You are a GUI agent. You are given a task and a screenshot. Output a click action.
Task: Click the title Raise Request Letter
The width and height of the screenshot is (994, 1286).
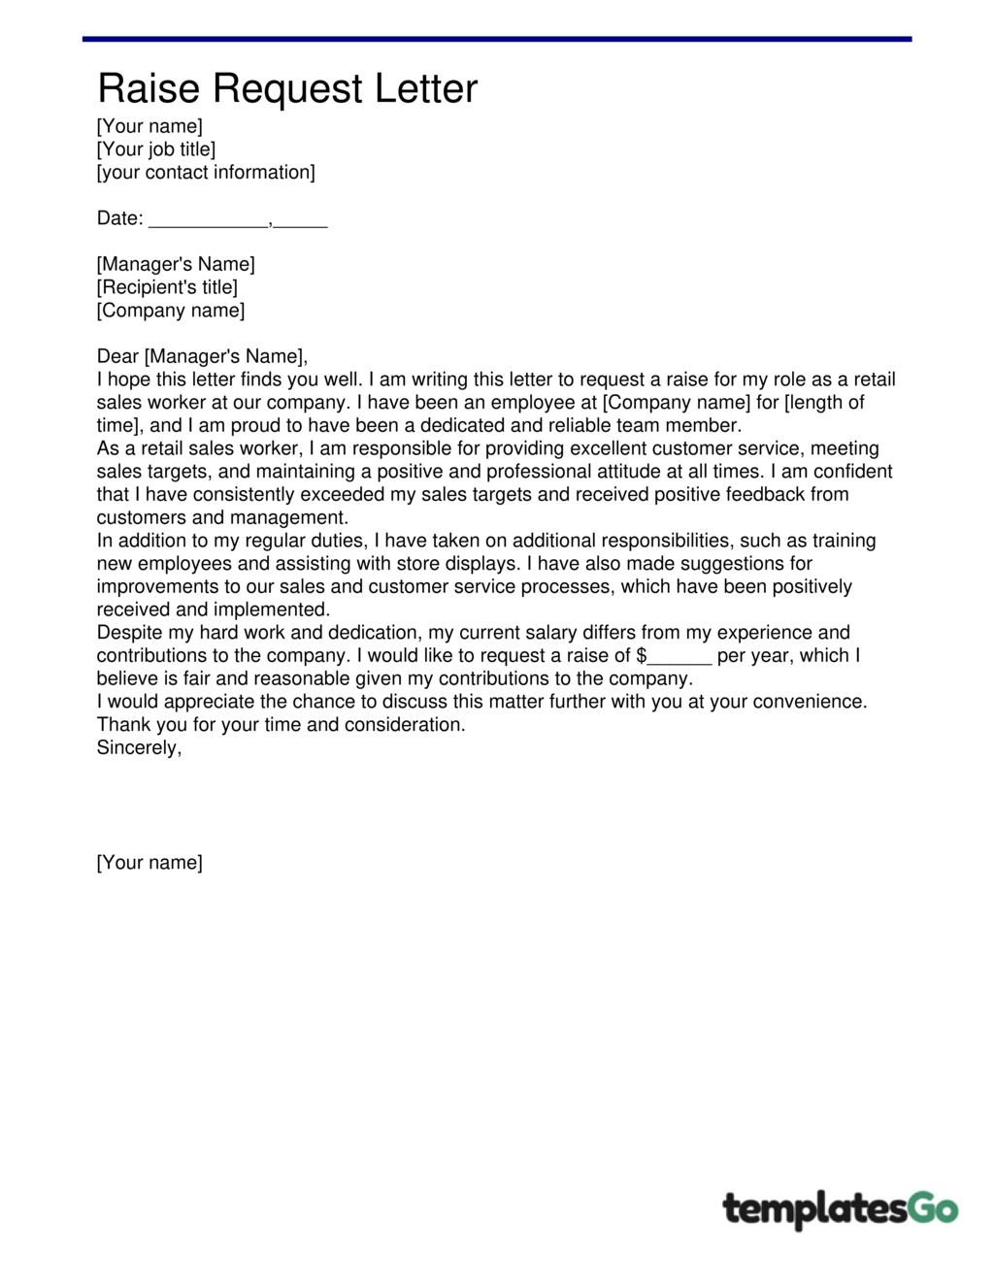coord(287,88)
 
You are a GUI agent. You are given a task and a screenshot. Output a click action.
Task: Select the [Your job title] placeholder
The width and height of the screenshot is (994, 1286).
coord(155,149)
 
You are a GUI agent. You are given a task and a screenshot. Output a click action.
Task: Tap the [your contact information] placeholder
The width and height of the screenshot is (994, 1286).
coord(206,173)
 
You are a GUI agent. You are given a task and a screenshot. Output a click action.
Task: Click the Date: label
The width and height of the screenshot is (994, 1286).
coord(119,218)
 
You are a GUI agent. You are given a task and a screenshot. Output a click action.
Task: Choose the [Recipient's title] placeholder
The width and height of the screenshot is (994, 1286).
coord(167,287)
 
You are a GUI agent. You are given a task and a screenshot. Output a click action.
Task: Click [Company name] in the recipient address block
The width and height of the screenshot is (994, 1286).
coord(171,311)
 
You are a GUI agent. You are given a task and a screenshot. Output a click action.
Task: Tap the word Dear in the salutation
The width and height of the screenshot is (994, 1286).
coord(117,356)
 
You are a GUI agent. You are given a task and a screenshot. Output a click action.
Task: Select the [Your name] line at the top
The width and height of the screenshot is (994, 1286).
coord(149,126)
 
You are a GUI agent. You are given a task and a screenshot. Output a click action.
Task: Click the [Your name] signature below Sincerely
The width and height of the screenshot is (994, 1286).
coord(149,863)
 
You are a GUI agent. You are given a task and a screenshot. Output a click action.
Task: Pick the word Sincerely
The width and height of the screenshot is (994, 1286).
coord(138,748)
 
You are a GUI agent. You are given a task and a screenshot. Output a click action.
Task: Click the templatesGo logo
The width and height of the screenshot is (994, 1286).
coord(840,1209)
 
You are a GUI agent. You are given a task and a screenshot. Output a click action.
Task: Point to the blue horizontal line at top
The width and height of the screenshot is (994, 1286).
coord(497,39)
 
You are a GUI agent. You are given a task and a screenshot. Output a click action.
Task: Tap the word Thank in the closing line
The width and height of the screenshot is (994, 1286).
coord(123,725)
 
